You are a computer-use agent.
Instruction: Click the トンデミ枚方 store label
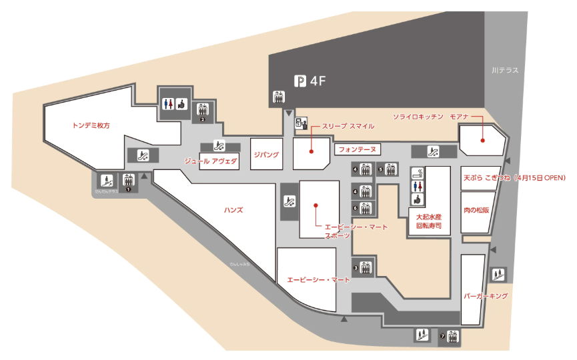pos(91,125)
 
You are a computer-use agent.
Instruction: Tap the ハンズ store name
pos(233,210)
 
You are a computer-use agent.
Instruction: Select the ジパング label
pos(266,154)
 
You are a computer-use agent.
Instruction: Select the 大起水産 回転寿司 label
pos(428,221)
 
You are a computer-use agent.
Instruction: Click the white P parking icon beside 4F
pos(301,81)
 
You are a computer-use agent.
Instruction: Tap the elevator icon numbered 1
pos(129,180)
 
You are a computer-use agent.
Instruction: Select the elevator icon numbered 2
pos(203,110)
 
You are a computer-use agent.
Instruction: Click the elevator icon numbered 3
pos(366,268)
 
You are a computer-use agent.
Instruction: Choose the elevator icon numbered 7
pos(453,335)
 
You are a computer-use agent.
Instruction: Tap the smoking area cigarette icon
pos(418,174)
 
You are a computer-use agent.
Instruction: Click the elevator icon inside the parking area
pos(279,97)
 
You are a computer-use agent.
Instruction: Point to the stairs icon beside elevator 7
pos(421,335)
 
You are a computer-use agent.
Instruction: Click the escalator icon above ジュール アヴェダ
pos(218,145)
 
